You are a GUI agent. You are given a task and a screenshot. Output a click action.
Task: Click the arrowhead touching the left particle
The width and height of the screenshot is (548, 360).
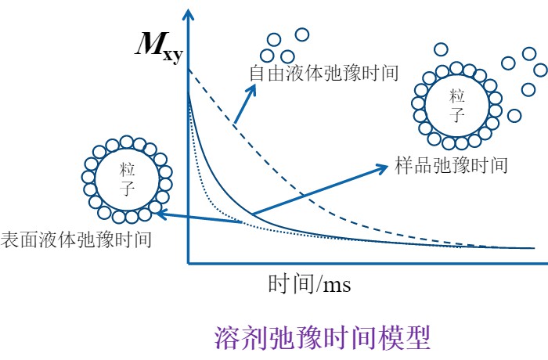pos(156,211)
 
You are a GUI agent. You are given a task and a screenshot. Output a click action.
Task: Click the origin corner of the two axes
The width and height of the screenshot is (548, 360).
pos(189,262)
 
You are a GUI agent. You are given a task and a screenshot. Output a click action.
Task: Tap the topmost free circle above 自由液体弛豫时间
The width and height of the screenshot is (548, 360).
pos(301,34)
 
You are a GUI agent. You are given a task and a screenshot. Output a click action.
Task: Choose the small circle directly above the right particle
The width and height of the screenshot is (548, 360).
pos(440,49)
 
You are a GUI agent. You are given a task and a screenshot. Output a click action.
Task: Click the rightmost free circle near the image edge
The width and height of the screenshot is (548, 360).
pos(540,68)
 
